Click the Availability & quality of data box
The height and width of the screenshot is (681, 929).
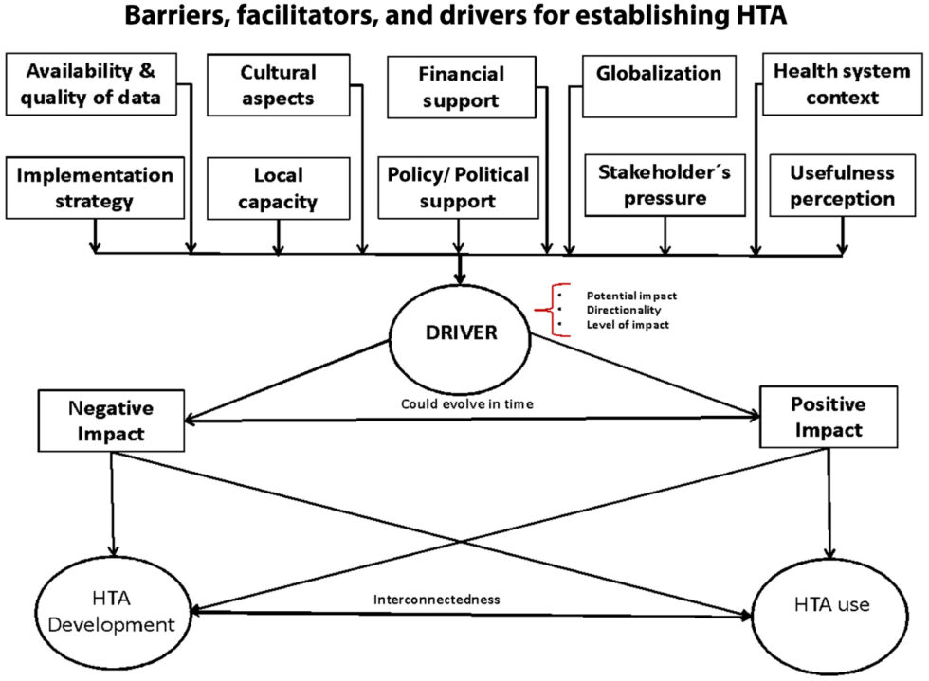(92, 84)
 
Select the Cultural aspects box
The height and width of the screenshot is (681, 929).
(277, 85)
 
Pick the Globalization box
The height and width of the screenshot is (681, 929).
(658, 85)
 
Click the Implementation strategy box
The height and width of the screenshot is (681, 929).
(95, 188)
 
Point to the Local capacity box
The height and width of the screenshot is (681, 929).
(278, 188)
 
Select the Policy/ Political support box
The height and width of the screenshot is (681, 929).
(460, 188)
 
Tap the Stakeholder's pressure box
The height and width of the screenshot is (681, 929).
(665, 186)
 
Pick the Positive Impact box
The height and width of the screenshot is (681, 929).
(829, 417)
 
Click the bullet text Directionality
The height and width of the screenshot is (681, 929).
(623, 310)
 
